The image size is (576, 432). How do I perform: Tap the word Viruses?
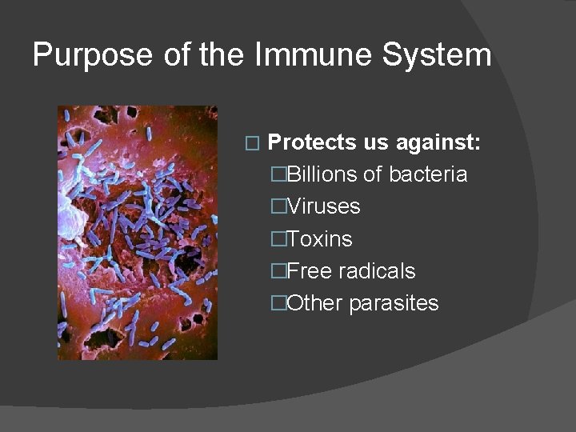click(x=323, y=206)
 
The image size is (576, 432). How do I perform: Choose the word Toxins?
click(x=319, y=239)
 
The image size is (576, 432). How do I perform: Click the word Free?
click(x=310, y=271)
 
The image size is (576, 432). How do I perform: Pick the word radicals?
click(x=377, y=271)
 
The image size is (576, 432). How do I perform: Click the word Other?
click(x=314, y=303)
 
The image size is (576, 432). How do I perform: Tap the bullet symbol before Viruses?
click(x=278, y=206)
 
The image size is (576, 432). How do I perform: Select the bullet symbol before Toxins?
click(x=278, y=239)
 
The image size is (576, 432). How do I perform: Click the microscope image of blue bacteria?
click(x=137, y=233)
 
